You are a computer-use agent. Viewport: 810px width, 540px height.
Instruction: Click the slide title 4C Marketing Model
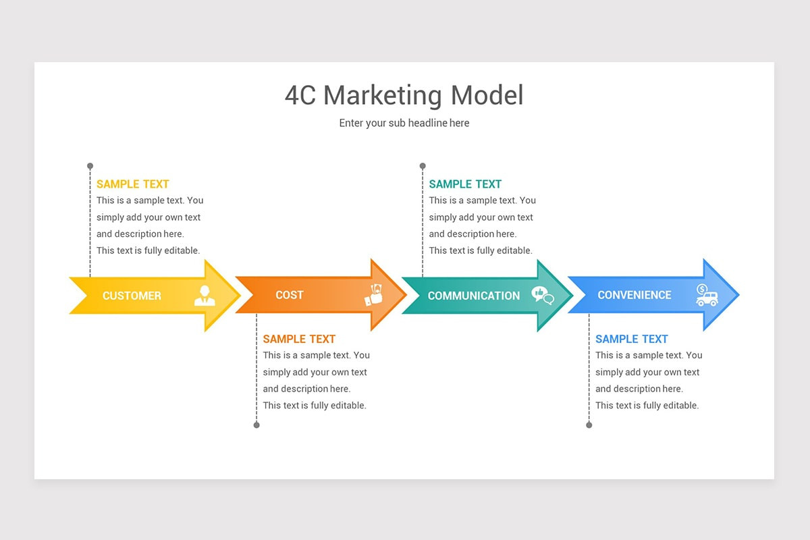click(x=404, y=95)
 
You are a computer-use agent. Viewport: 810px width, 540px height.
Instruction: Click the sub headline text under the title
click(x=404, y=123)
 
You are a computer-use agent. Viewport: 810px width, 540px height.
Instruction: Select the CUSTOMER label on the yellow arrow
click(x=132, y=296)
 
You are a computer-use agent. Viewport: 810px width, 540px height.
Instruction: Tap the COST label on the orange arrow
click(x=290, y=295)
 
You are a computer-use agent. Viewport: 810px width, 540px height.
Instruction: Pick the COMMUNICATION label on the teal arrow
click(x=474, y=296)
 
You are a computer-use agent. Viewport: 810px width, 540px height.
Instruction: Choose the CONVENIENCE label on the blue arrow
click(x=634, y=295)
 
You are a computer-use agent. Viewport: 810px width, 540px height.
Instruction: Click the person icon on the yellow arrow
click(x=205, y=295)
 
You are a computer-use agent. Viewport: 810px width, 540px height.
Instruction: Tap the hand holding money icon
click(x=373, y=295)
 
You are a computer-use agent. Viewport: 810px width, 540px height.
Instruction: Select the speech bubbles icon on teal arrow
click(x=543, y=295)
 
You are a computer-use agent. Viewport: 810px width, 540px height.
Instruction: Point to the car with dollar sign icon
click(x=707, y=295)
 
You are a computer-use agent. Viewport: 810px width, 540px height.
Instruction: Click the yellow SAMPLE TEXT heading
click(x=132, y=184)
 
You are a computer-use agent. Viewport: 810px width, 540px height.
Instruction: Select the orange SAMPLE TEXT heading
click(x=299, y=339)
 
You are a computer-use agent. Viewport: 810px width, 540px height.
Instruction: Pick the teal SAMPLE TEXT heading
click(x=465, y=184)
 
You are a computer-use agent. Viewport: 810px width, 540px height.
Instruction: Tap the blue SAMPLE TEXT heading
click(x=632, y=339)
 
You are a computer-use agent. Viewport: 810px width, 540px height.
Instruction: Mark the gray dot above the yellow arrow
click(x=90, y=165)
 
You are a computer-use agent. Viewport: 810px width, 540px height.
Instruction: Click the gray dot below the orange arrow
click(x=256, y=425)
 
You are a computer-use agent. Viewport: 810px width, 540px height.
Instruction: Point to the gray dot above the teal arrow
click(x=423, y=165)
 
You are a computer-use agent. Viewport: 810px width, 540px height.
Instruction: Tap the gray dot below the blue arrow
click(x=589, y=425)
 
